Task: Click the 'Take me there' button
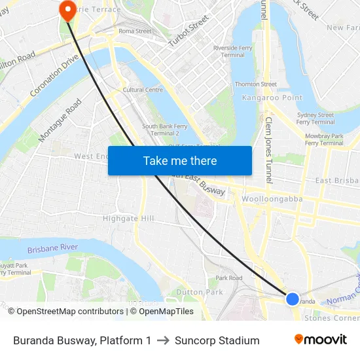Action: pyautogui.click(x=180, y=160)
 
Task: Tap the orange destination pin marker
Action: pyautogui.click(x=67, y=10)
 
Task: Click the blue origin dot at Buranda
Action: pyautogui.click(x=293, y=298)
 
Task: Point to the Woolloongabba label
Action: pyautogui.click(x=270, y=198)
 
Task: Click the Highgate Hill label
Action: pyautogui.click(x=128, y=218)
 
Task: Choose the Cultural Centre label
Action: pyautogui.click(x=143, y=90)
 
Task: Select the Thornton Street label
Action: pyautogui.click(x=256, y=84)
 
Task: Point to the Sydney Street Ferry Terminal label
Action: pyautogui.click(x=315, y=118)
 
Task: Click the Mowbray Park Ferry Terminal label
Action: pyautogui.click(x=324, y=139)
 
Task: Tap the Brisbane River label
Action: pyautogui.click(x=52, y=249)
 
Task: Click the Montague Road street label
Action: pyautogui.click(x=60, y=120)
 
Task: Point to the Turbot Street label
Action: pyautogui.click(x=188, y=34)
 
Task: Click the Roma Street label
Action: pyautogui.click(x=135, y=31)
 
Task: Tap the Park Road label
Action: pyautogui.click(x=229, y=278)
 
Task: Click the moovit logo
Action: pyautogui.click(x=320, y=340)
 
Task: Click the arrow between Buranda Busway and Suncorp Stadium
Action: pyautogui.click(x=163, y=340)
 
